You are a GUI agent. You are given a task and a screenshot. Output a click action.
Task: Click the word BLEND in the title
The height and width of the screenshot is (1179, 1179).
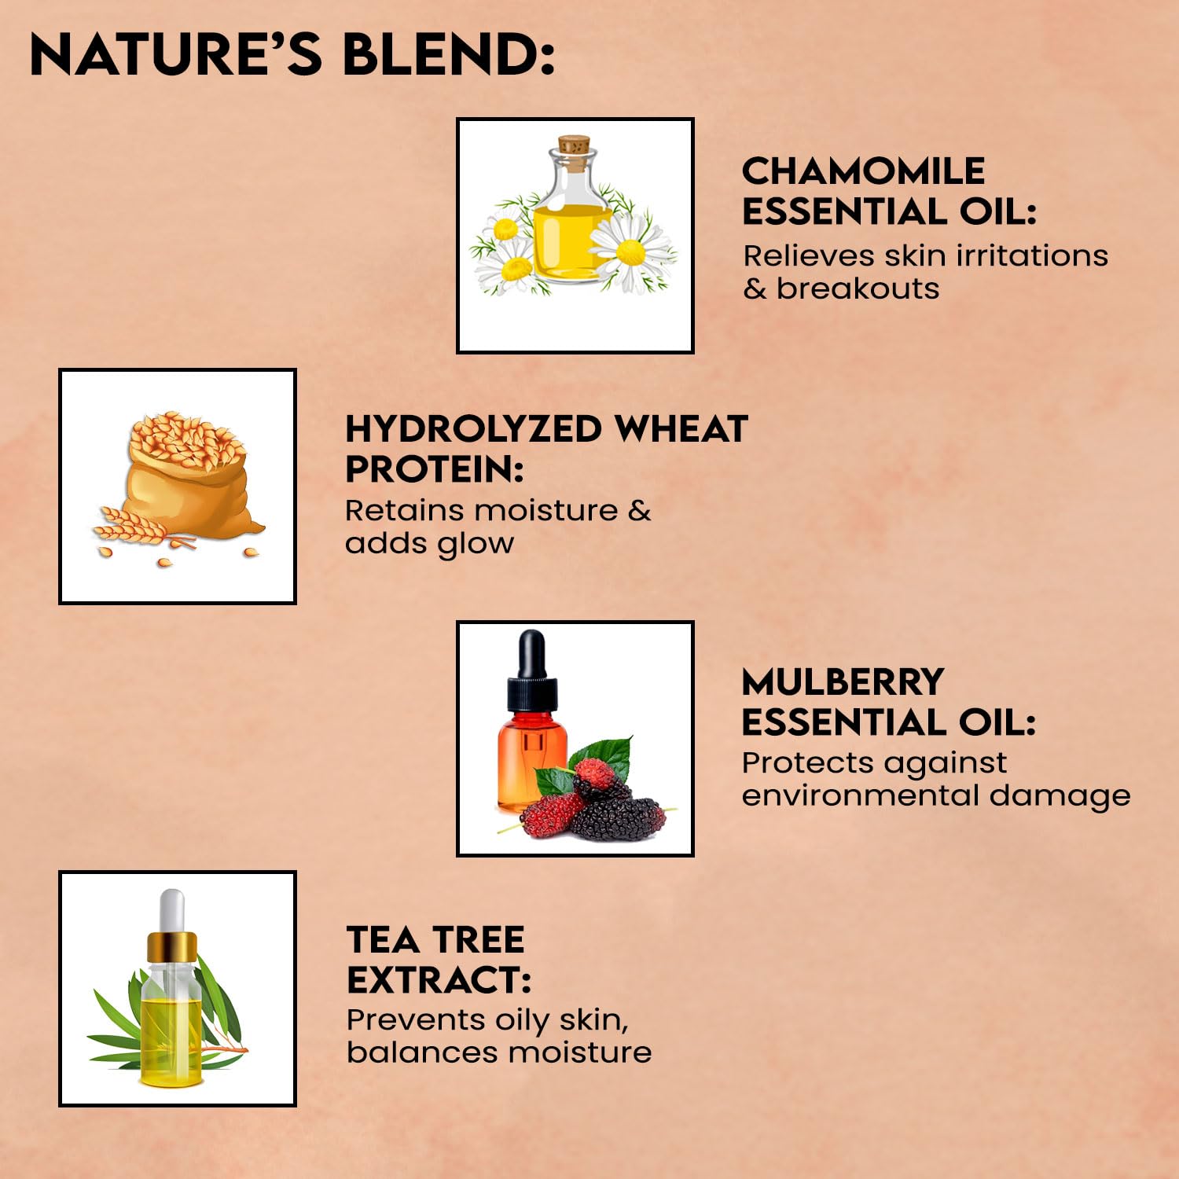pos(449,54)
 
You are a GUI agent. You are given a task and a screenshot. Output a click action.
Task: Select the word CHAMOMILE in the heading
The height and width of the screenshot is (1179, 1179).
pos(863,171)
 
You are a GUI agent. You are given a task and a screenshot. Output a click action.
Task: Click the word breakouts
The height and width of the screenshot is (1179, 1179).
pos(858,288)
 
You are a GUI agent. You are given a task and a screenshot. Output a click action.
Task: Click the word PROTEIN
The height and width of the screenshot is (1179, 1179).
pos(435,470)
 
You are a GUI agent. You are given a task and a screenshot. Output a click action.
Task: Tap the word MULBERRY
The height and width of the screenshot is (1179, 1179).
pos(843,682)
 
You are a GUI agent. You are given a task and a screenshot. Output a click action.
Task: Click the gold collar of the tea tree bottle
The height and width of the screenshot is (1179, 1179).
pos(172,946)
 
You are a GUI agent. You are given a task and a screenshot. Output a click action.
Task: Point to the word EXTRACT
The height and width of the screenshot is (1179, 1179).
pos(439,980)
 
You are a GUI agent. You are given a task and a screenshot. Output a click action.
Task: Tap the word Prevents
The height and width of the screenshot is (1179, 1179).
pos(416,1019)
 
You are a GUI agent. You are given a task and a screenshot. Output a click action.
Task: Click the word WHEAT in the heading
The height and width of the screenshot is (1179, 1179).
pos(681,429)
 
